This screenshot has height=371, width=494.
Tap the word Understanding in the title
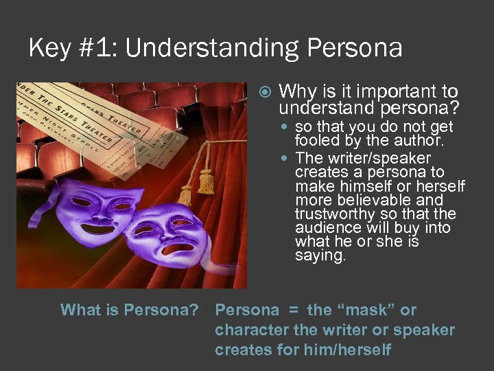point(212,47)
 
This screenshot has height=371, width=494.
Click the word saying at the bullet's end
point(319,255)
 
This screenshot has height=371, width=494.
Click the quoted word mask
point(366,310)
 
